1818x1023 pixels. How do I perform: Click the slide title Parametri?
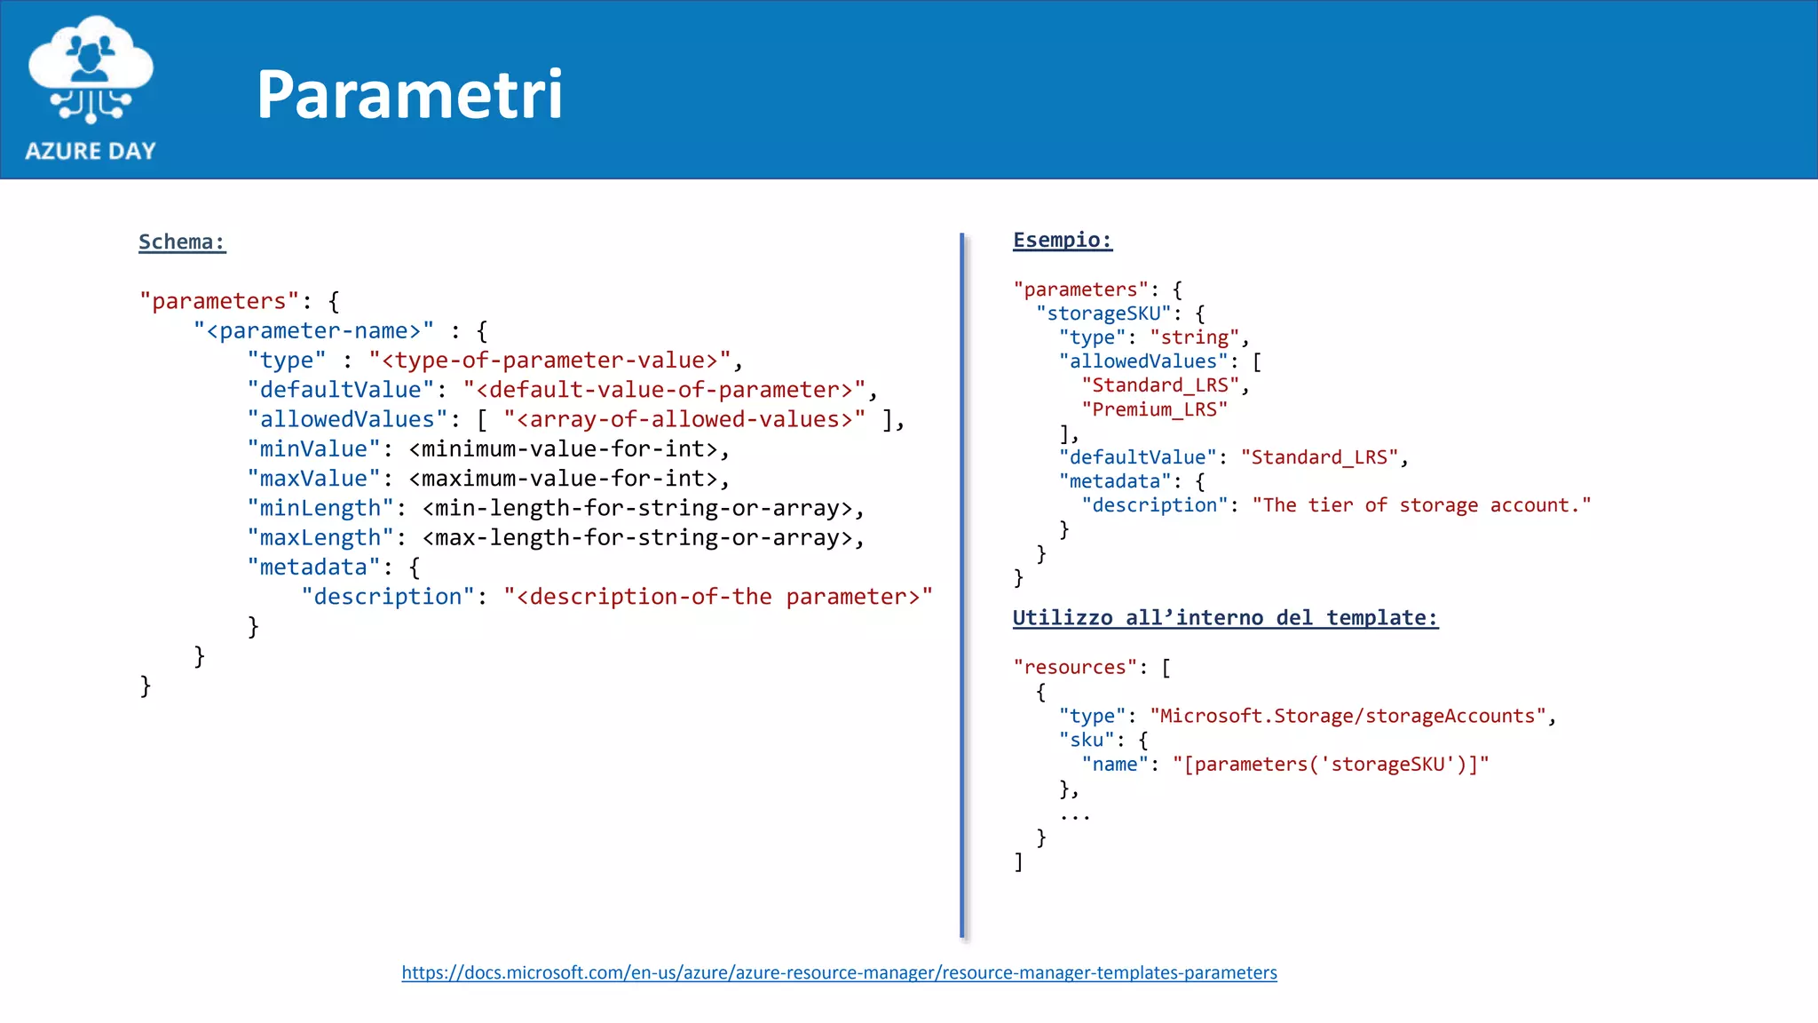coord(409,94)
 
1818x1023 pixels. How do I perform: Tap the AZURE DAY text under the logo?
coord(91,151)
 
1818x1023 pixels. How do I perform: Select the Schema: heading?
coord(182,242)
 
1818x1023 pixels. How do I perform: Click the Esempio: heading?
coord(1062,240)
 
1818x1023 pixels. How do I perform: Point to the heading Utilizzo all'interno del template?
coord(1225,618)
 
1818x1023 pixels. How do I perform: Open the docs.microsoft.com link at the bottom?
coord(839,972)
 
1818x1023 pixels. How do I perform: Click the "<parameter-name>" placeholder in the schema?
coord(313,331)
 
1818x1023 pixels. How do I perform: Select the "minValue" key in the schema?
coord(313,449)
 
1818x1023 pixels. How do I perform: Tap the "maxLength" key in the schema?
coord(320,538)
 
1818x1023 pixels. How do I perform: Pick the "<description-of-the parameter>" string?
coord(718,597)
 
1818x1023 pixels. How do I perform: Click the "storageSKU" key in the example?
coord(1103,313)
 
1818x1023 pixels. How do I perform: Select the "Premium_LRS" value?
coord(1154,409)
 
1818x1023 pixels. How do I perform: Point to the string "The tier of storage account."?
coord(1421,505)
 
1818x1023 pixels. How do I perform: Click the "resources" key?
coord(1075,667)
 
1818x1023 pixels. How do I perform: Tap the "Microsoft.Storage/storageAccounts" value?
coord(1348,716)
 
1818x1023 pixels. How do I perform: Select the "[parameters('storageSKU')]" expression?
coord(1330,765)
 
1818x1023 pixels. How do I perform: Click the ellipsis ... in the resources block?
coord(1074,815)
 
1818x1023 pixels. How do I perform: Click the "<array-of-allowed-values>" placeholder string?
coord(684,419)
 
